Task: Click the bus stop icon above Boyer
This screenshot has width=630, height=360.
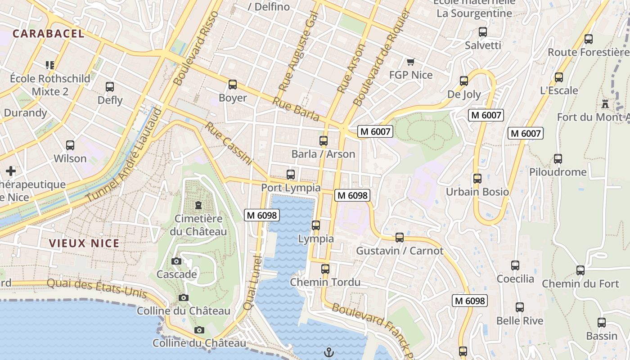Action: (x=233, y=85)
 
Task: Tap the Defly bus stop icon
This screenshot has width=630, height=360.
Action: (x=110, y=87)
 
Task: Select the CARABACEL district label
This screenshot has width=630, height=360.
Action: (x=49, y=34)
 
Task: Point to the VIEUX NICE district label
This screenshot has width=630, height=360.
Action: (x=84, y=243)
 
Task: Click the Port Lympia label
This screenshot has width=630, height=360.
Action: (x=291, y=188)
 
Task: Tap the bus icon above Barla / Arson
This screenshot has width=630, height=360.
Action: (x=323, y=141)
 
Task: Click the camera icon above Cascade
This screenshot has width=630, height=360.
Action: (x=176, y=261)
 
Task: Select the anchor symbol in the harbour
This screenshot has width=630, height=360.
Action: (x=329, y=352)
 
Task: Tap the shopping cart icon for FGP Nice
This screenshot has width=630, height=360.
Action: (x=410, y=62)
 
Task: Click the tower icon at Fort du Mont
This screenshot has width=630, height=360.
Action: (x=605, y=104)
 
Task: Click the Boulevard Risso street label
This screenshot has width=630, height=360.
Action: (x=196, y=49)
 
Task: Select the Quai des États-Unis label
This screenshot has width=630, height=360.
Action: (x=97, y=288)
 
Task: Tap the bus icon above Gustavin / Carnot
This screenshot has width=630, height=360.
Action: (x=399, y=238)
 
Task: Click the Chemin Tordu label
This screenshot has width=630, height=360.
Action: (x=325, y=282)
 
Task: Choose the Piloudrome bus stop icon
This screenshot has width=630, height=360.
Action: (x=558, y=159)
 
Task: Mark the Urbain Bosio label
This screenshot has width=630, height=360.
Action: (x=477, y=192)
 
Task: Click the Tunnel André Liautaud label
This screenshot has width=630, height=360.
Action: (x=124, y=155)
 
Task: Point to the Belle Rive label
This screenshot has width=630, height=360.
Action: (x=520, y=321)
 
